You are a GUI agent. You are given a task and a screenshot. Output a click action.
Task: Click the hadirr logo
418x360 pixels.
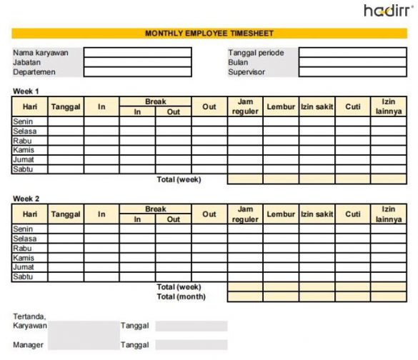[x=387, y=11]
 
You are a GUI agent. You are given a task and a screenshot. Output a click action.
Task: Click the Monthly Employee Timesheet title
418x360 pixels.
[x=209, y=34]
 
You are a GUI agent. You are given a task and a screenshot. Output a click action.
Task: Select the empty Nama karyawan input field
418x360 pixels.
[x=137, y=53]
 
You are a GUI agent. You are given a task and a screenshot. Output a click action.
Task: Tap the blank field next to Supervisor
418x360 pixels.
[x=352, y=72]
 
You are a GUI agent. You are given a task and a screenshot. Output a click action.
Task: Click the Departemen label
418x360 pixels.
[x=34, y=72]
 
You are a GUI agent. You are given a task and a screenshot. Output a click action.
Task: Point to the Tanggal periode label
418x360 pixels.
[x=256, y=53]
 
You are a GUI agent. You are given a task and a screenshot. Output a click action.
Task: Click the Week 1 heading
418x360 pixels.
[x=26, y=91]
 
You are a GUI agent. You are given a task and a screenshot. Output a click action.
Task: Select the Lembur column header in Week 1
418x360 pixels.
[x=281, y=107]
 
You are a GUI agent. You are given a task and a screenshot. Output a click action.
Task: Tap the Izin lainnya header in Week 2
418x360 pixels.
[x=388, y=214]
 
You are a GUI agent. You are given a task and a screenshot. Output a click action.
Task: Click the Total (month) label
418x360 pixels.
[x=181, y=296]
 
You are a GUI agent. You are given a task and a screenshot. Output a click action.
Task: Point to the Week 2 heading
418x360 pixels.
[x=26, y=198]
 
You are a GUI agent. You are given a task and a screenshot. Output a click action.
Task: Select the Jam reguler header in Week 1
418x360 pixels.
[x=245, y=107]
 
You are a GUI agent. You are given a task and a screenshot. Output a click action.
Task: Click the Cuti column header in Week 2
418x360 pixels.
[x=352, y=214]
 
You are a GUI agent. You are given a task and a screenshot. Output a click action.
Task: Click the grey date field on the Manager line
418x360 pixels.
[x=191, y=346]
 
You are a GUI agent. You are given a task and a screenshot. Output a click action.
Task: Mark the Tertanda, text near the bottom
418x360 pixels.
[x=29, y=316]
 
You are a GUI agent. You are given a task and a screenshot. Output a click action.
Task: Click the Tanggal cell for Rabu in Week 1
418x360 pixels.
[x=66, y=141]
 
